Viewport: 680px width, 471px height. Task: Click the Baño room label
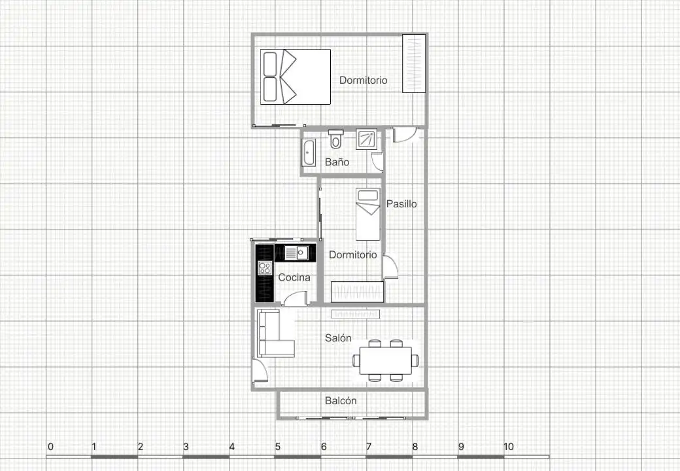(x=337, y=162)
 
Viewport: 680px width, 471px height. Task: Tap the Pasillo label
(x=401, y=204)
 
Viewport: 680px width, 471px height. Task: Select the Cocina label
(x=294, y=277)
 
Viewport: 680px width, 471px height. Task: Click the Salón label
(x=338, y=338)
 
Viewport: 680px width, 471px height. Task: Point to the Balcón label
(x=341, y=401)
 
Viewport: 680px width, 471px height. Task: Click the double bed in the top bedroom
(x=296, y=77)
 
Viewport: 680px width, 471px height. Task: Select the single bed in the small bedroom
(x=368, y=214)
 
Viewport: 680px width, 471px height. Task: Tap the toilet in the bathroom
(x=335, y=138)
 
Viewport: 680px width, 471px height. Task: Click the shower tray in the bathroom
(x=367, y=139)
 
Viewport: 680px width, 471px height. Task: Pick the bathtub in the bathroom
(x=309, y=152)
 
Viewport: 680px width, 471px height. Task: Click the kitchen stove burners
(x=265, y=268)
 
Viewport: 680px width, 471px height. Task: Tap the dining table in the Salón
(x=386, y=360)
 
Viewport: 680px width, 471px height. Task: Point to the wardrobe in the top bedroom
(x=414, y=63)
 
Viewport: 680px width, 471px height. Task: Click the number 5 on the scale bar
(x=277, y=447)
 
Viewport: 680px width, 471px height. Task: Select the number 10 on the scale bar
(x=509, y=447)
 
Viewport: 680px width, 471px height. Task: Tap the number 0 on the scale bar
(x=51, y=447)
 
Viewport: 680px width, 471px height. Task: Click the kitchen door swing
(x=296, y=298)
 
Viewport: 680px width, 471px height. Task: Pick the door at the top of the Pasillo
(x=405, y=135)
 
